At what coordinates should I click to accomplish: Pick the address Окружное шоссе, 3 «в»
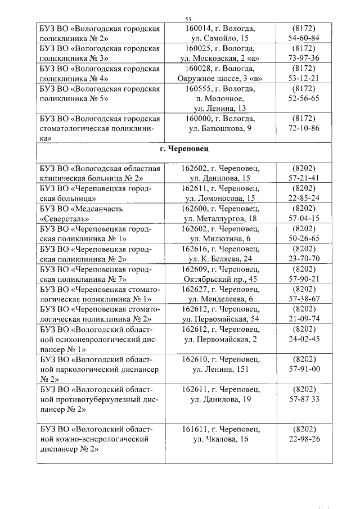pyautogui.click(x=220, y=78)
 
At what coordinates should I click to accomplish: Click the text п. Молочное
pyautogui.click(x=220, y=98)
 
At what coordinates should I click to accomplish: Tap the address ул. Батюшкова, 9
pyautogui.click(x=220, y=128)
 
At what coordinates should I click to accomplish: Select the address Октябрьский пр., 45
pyautogui.click(x=220, y=278)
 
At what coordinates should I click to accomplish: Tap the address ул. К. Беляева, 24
pyautogui.click(x=220, y=259)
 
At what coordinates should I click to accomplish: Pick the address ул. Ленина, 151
pyautogui.click(x=220, y=369)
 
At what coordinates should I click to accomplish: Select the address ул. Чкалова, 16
pyautogui.click(x=220, y=439)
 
